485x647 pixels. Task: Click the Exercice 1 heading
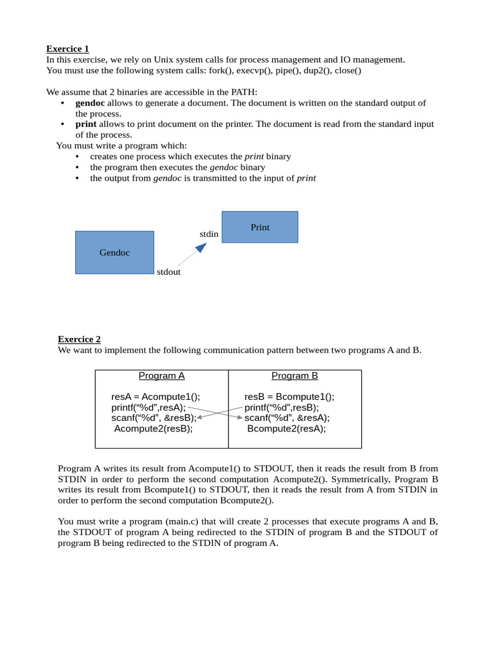pos(68,49)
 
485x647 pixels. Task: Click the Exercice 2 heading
pos(79,339)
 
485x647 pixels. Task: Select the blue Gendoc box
pos(114,252)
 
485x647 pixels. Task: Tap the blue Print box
pos(260,227)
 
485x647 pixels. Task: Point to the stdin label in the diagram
pos(208,234)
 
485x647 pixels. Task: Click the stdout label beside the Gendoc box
pos(169,272)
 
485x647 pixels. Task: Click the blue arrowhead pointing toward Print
pos(201,247)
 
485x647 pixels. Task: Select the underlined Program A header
pos(162,376)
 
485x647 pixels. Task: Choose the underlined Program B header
pos(295,376)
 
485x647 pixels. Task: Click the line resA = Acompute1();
pos(155,397)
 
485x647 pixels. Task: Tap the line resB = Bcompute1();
pos(289,397)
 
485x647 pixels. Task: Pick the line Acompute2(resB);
pos(153,428)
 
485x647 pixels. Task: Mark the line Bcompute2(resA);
pos(287,428)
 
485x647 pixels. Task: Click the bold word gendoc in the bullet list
pos(90,103)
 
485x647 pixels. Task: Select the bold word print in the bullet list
pos(86,124)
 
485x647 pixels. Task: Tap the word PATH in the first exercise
pos(242,92)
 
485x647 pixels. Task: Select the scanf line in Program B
pos(287,418)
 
